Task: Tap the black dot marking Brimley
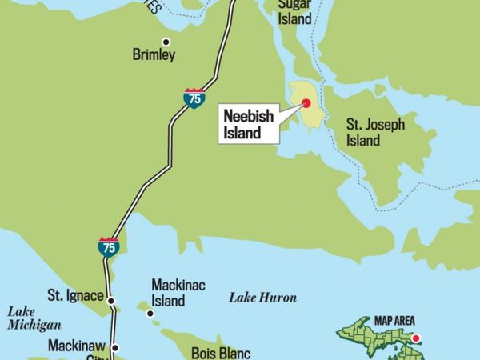(x=166, y=42)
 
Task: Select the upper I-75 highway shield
(x=193, y=98)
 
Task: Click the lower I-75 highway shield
(x=108, y=246)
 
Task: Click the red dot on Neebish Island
(x=306, y=102)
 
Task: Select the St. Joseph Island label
(x=375, y=133)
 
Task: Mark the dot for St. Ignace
(x=112, y=302)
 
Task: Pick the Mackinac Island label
(x=168, y=294)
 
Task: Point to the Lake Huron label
(x=262, y=298)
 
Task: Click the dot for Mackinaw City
(x=114, y=347)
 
